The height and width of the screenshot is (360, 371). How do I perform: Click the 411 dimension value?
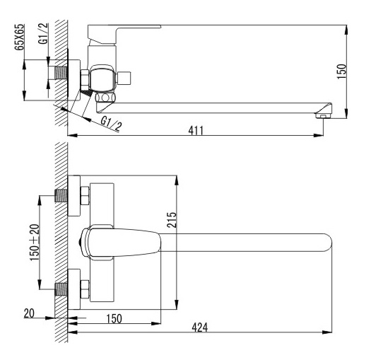pyautogui.click(x=196, y=130)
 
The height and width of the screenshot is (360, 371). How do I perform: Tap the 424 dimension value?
pyautogui.click(x=200, y=327)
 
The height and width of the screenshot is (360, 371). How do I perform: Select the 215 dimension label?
pyautogui.click(x=172, y=220)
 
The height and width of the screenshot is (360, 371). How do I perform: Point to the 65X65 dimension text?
pyautogui.click(x=19, y=37)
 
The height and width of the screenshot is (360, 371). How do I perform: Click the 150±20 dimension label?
pyautogui.click(x=35, y=243)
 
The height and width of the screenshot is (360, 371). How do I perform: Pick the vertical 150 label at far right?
pyautogui.click(x=341, y=71)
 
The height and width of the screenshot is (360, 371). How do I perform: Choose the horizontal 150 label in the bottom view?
pyautogui.click(x=114, y=318)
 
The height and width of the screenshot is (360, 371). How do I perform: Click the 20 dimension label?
pyautogui.click(x=29, y=313)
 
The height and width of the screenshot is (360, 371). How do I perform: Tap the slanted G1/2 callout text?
pyautogui.click(x=111, y=124)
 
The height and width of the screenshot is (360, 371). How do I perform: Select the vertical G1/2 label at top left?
pyautogui.click(x=43, y=33)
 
